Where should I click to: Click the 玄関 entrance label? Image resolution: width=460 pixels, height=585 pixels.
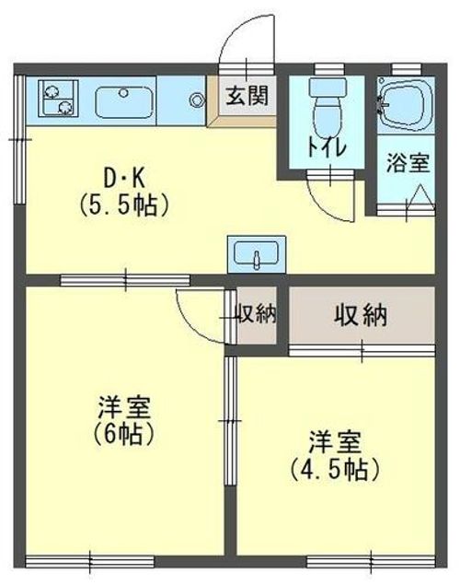tap(247, 96)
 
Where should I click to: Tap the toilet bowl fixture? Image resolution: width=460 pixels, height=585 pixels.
tap(327, 108)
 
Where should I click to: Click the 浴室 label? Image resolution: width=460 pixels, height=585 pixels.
tap(408, 163)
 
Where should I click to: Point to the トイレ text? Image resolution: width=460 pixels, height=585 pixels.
tap(327, 149)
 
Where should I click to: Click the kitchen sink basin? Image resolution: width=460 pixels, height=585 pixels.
tap(123, 101)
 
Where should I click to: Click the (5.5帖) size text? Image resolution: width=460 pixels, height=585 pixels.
tap(124, 205)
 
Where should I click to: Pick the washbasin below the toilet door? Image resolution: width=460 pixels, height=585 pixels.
tap(257, 254)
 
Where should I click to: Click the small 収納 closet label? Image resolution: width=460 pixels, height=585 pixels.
tap(257, 314)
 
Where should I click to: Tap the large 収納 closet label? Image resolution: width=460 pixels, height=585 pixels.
tap(361, 316)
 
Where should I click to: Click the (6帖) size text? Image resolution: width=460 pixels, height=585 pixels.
tap(123, 434)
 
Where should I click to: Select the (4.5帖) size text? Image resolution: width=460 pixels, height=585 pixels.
tap(335, 469)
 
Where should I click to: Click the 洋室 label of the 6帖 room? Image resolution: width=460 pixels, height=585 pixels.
tap(124, 407)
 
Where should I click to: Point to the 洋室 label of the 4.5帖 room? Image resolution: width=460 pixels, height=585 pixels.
tap(335, 442)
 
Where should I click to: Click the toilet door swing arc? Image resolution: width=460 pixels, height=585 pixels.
tap(326, 209)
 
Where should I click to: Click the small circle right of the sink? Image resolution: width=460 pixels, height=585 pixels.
tap(196, 99)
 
